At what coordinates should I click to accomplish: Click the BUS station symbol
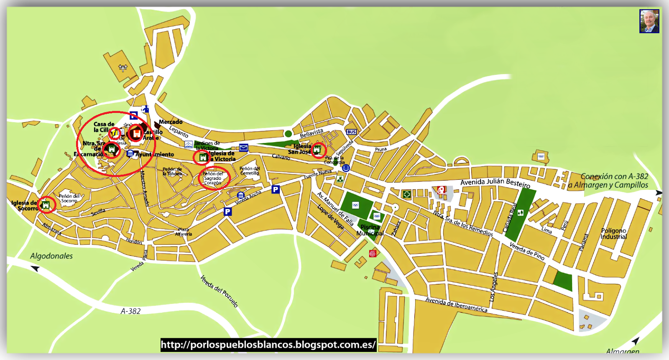(x=351, y=132)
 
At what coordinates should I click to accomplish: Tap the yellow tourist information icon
(x=115, y=133)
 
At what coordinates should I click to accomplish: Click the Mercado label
(x=171, y=122)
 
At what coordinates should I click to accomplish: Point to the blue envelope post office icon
(x=244, y=148)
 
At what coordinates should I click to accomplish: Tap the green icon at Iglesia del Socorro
(x=46, y=205)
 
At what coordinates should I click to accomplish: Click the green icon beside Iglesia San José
(x=317, y=149)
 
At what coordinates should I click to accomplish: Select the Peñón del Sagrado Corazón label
(x=213, y=179)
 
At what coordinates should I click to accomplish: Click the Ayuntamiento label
(x=155, y=154)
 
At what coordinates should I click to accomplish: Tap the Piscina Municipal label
(x=370, y=230)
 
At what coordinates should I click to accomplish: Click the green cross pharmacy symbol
(x=406, y=194)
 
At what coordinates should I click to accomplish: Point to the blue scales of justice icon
(x=346, y=168)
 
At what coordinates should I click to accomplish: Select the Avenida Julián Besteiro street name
(x=495, y=183)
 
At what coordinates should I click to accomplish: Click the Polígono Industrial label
(x=613, y=234)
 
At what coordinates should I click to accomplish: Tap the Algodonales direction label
(x=51, y=256)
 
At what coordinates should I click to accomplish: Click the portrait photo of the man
(x=649, y=21)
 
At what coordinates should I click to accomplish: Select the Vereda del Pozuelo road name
(x=219, y=291)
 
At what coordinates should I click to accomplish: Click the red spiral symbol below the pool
(x=373, y=253)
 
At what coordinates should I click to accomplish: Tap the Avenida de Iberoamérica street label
(x=456, y=304)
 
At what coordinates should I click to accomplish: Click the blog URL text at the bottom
(x=268, y=345)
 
